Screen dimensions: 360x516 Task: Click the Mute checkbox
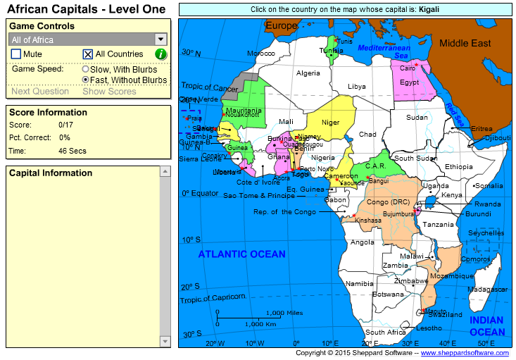tap(16, 54)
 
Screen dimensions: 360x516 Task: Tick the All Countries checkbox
tap(88, 54)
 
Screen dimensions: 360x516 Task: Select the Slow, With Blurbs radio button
tap(85, 70)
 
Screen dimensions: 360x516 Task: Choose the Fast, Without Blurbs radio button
tap(85, 80)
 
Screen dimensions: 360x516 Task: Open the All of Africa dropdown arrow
tap(161, 40)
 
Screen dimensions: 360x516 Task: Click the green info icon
tap(161, 54)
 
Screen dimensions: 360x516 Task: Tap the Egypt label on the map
tap(409, 82)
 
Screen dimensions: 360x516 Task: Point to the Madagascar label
tap(487, 290)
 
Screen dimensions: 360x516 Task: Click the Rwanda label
tap(488, 204)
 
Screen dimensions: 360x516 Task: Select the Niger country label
tap(330, 123)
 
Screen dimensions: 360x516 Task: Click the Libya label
tap(357, 87)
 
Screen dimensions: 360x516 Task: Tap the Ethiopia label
tap(459, 166)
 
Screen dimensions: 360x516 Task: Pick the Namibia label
tap(359, 284)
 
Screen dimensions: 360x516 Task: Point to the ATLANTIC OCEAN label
tap(241, 254)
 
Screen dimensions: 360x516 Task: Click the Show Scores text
tap(109, 92)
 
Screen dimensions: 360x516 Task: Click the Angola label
tap(363, 242)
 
